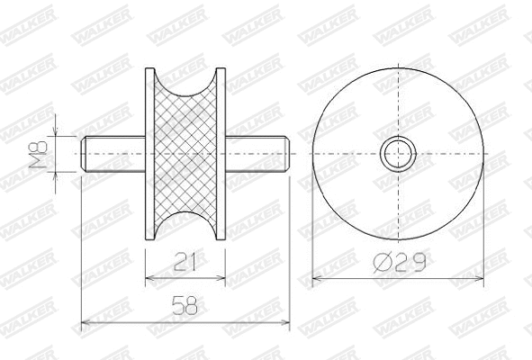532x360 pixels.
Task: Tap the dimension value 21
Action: coord(185,262)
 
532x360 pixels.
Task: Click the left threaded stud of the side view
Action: coord(113,154)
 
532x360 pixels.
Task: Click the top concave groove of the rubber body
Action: coord(185,85)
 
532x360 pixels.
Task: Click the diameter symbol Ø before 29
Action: coord(382,263)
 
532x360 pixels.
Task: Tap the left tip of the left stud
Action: coord(83,154)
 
